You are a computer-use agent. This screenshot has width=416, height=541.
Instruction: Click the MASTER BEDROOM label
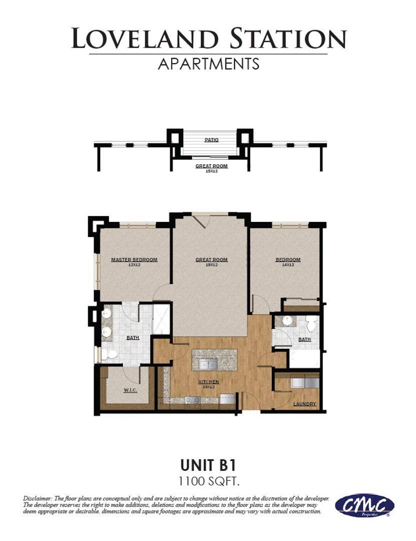134,259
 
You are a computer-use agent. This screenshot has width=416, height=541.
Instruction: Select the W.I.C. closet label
130,390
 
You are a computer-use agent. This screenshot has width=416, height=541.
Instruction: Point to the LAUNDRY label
305,404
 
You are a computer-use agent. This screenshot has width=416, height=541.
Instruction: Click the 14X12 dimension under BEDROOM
288,264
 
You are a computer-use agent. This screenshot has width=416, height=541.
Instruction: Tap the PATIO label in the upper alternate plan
211,140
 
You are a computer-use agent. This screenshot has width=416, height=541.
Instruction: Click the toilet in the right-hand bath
311,325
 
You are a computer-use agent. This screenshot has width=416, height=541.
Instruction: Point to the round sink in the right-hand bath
287,321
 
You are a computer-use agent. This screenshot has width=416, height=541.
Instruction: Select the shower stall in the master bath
162,319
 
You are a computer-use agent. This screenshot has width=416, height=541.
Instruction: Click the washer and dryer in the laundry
304,383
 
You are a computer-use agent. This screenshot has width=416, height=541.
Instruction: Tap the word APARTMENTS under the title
209,64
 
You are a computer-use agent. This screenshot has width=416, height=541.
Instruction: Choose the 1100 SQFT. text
209,481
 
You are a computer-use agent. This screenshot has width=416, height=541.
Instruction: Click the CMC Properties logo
364,505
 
